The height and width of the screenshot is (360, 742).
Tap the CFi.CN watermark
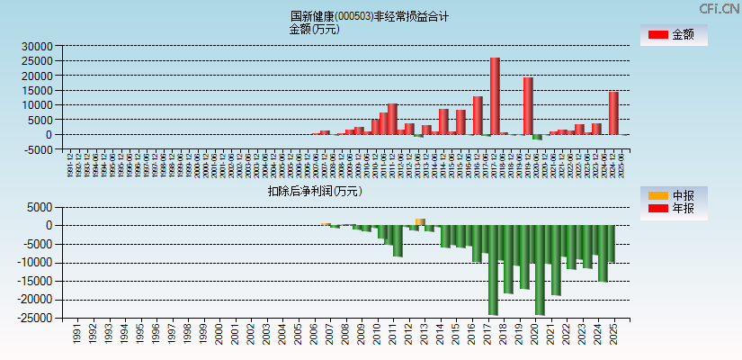point(720,8)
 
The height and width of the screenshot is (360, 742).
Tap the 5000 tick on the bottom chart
point(39,207)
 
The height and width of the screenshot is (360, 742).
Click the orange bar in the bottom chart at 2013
point(420,221)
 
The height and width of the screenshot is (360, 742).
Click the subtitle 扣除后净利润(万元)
point(314,191)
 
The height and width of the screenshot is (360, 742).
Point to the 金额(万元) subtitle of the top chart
point(314,29)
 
